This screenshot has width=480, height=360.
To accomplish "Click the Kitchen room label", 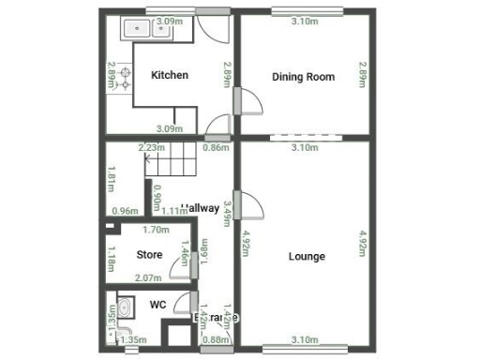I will pos(170,76).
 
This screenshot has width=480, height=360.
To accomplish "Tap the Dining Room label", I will pos(303,77).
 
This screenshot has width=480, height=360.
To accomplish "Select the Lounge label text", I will pos(307,256).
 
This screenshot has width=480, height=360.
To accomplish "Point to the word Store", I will pos(149,254).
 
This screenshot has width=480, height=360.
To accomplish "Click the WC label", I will pos(158,304).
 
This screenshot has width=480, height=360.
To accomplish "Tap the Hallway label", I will pos(201,208).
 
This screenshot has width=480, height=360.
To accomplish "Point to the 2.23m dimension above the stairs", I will pos(151,147).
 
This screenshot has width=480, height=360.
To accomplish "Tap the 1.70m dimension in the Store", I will pos(156,230).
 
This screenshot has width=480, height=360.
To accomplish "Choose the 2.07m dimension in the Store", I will pos(148,277).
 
